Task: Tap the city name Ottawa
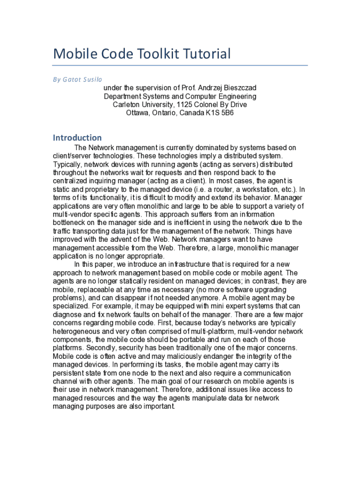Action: pyautogui.click(x=137, y=113)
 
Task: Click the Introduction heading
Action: pyautogui.click(x=77, y=138)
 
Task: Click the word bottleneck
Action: pyautogui.click(x=71, y=223)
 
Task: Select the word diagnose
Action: pyautogui.click(x=69, y=315)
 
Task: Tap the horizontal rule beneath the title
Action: pyautogui.click(x=180, y=65)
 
